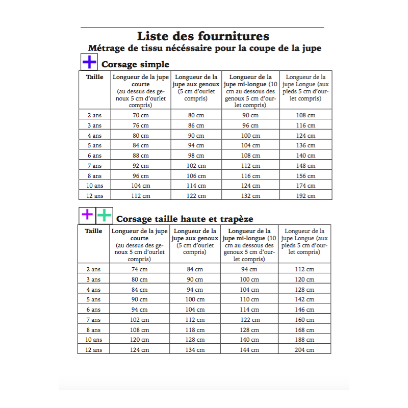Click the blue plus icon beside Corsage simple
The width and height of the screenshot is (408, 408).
pyautogui.click(x=89, y=62)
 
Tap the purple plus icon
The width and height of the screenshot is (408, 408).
pyautogui.click(x=87, y=215)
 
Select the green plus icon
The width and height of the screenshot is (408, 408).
pyautogui.click(x=104, y=215)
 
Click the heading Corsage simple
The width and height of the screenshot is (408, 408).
pyautogui.click(x=135, y=65)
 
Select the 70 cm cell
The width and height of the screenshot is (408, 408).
pyautogui.click(x=141, y=115)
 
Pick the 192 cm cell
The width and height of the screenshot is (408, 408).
pyautogui.click(x=305, y=196)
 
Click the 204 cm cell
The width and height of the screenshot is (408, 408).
pyautogui.click(x=304, y=350)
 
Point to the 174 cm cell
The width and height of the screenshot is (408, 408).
pyautogui.click(x=305, y=186)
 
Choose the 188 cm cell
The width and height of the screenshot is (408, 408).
pyautogui.click(x=304, y=340)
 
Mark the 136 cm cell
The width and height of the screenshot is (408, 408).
pyautogui.click(x=305, y=145)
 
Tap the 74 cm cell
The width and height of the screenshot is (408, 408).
pyautogui.click(x=139, y=269)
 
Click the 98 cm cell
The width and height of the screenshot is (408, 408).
pyautogui.click(x=196, y=156)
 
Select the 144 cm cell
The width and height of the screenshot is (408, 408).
pyautogui.click(x=249, y=350)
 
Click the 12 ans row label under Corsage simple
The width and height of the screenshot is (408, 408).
pyautogui.click(x=95, y=196)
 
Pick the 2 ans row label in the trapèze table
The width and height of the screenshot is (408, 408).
pyautogui.click(x=94, y=269)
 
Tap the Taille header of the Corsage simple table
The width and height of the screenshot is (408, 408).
pyautogui.click(x=95, y=77)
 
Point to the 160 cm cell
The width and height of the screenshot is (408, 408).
pyautogui.click(x=304, y=320)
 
